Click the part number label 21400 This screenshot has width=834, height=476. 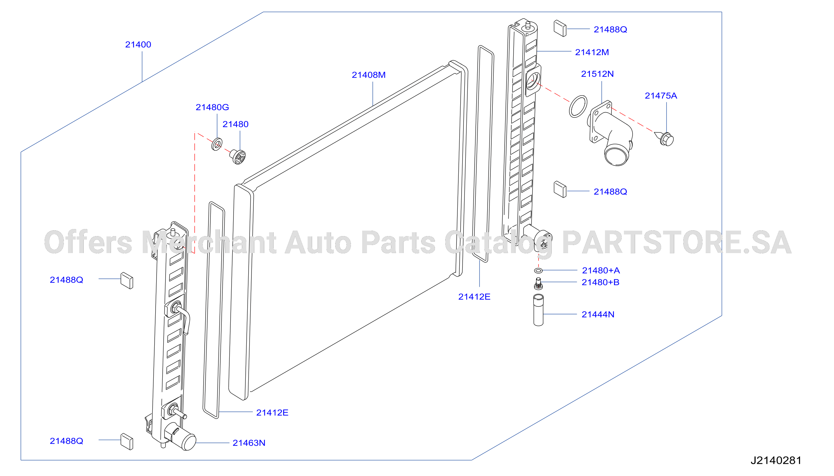click(x=138, y=45)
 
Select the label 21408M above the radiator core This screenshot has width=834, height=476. click(x=369, y=75)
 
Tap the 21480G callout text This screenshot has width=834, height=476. click(x=212, y=107)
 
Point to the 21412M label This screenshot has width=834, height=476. click(x=592, y=52)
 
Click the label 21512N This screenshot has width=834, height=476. click(x=597, y=74)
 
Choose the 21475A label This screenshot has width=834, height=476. click(x=661, y=96)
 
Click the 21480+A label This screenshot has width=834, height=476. click(x=600, y=270)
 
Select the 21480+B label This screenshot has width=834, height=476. click(x=600, y=282)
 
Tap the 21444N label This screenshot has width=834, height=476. click(x=598, y=314)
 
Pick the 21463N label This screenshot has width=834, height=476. click(x=249, y=443)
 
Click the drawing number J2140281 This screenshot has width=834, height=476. click(x=776, y=460)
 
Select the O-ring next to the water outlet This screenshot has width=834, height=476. click(x=578, y=106)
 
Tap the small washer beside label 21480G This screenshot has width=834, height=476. click(x=217, y=144)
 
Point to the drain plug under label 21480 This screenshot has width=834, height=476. click(x=238, y=157)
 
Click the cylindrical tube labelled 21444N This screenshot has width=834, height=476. click(x=538, y=310)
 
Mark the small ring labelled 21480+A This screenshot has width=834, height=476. click(x=538, y=270)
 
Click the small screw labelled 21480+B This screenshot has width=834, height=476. click(x=538, y=284)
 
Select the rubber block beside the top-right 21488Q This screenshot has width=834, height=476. click(x=560, y=29)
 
